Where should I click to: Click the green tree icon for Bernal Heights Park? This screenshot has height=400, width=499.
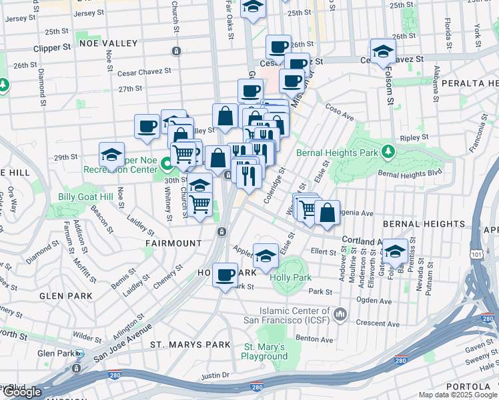coord(387,152)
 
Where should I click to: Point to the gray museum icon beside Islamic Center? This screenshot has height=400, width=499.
coord(340,313)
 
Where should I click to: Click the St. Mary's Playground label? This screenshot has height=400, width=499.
coord(264,351)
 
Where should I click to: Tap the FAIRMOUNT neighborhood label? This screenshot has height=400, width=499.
coord(173,243)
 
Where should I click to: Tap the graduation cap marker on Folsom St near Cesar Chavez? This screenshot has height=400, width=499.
coord(384,50)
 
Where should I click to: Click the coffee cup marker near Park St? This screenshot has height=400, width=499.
coord(225,274)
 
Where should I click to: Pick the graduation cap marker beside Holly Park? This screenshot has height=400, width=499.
coord(266,255)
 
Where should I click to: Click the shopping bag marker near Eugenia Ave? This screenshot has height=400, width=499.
coord(327,213)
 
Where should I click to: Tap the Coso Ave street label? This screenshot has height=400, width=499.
coord(339,111)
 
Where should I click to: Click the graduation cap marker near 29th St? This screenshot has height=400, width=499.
coord(112,155)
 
